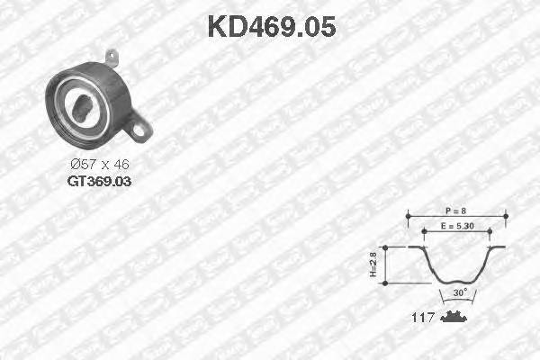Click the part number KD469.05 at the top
point(271,26)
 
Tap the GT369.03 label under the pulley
point(98,180)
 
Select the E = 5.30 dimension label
point(458,227)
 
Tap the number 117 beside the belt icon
point(423,318)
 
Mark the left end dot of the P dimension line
point(409,216)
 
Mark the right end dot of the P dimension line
point(507,216)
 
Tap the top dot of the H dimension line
point(385,246)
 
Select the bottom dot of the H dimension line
point(385,282)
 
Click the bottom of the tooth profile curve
point(458,282)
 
